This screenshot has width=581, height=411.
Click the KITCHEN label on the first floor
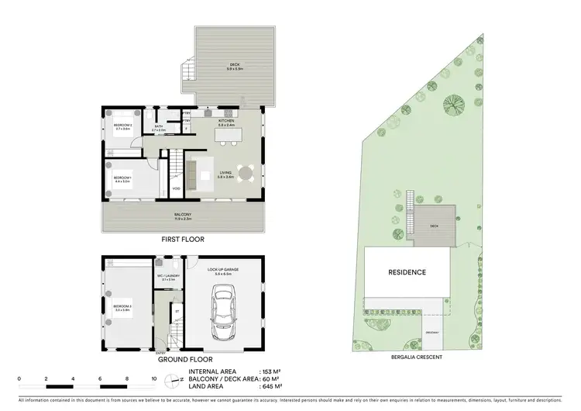pos(225,120)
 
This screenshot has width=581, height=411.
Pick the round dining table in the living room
pos(246,174)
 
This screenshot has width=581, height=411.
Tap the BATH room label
pos(159,126)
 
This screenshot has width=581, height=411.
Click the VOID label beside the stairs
pos(177,188)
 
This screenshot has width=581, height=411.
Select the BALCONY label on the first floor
pos(183,215)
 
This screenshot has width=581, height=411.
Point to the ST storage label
pos(177,312)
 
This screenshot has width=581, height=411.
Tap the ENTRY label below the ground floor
pos(160,351)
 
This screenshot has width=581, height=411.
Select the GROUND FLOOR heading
pos(183,361)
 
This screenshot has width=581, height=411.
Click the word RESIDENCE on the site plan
pos(407,272)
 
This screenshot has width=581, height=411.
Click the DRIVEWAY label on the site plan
pos(432,333)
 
